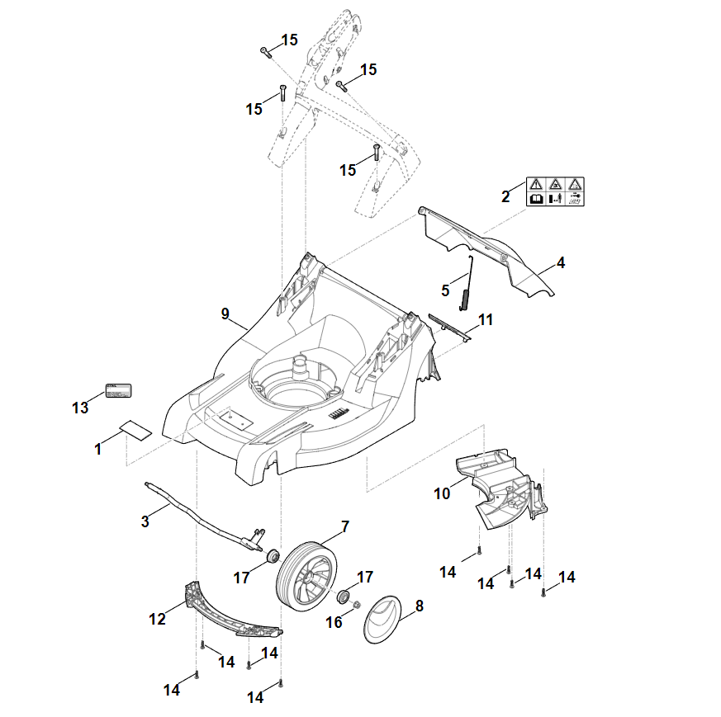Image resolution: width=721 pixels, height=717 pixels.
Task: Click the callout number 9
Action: [x=225, y=314]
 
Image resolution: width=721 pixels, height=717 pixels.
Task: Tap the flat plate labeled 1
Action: [x=135, y=429]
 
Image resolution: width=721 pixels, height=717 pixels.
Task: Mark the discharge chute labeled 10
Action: [x=504, y=487]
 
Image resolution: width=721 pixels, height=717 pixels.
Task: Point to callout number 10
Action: [x=442, y=493]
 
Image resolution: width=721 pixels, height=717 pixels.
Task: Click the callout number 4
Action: [x=561, y=263]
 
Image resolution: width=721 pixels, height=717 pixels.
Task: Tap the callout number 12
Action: [x=158, y=618]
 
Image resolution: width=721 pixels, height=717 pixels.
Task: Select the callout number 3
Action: [x=145, y=521]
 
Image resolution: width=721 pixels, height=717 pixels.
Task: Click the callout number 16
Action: [x=334, y=622]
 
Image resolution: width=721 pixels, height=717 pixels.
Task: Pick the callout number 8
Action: [x=419, y=606]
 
